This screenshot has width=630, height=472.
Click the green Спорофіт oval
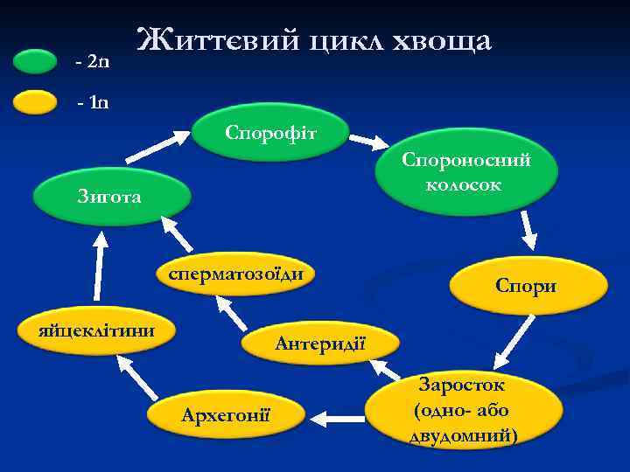point(271,134)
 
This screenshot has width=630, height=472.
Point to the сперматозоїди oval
point(235,274)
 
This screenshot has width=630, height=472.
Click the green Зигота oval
point(111,198)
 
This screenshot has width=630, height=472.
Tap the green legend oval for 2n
point(36,62)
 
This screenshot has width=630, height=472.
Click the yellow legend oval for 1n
point(36,102)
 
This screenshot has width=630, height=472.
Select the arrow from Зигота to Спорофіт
point(158,147)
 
